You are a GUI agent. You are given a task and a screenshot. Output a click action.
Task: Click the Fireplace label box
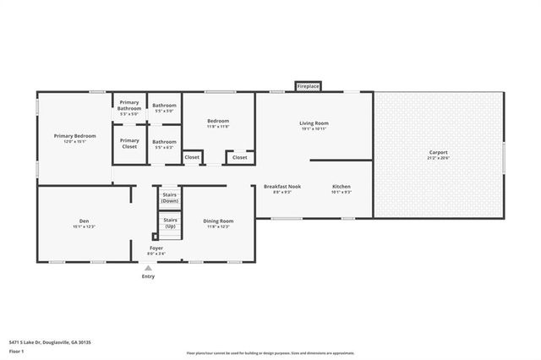pyautogui.click(x=308, y=86)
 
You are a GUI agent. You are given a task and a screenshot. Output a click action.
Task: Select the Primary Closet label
pyautogui.click(x=129, y=143)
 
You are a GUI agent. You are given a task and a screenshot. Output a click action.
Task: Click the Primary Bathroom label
pyautogui.click(x=129, y=106)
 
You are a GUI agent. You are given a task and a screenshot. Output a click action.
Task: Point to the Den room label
pyautogui.click(x=84, y=223)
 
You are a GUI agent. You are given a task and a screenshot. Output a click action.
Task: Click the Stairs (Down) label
pyautogui.click(x=170, y=198)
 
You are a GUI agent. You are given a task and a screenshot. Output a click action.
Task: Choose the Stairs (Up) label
pyautogui.click(x=170, y=223)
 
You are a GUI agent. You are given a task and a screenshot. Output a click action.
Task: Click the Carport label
pyautogui.click(x=438, y=154)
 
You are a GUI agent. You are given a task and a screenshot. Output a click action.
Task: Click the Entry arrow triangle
pyautogui.click(x=149, y=268)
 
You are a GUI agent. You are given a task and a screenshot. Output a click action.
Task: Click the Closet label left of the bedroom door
pyautogui.click(x=192, y=157)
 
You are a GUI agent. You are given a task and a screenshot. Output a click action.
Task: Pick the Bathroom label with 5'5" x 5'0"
pyautogui.click(x=164, y=107)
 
